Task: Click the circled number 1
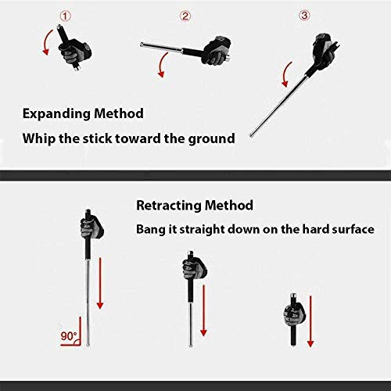(66, 16)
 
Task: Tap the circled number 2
(185, 16)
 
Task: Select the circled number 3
(304, 16)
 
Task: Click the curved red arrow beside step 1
(45, 41)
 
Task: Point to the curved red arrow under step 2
(161, 63)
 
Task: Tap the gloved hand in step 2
(216, 50)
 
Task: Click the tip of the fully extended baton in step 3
(251, 135)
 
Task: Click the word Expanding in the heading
(57, 114)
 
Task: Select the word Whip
(39, 138)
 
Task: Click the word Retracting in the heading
(169, 205)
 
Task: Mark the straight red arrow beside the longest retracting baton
(100, 283)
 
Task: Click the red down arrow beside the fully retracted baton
(310, 321)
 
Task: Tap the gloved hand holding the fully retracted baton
(294, 314)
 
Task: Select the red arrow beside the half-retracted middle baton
(203, 310)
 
